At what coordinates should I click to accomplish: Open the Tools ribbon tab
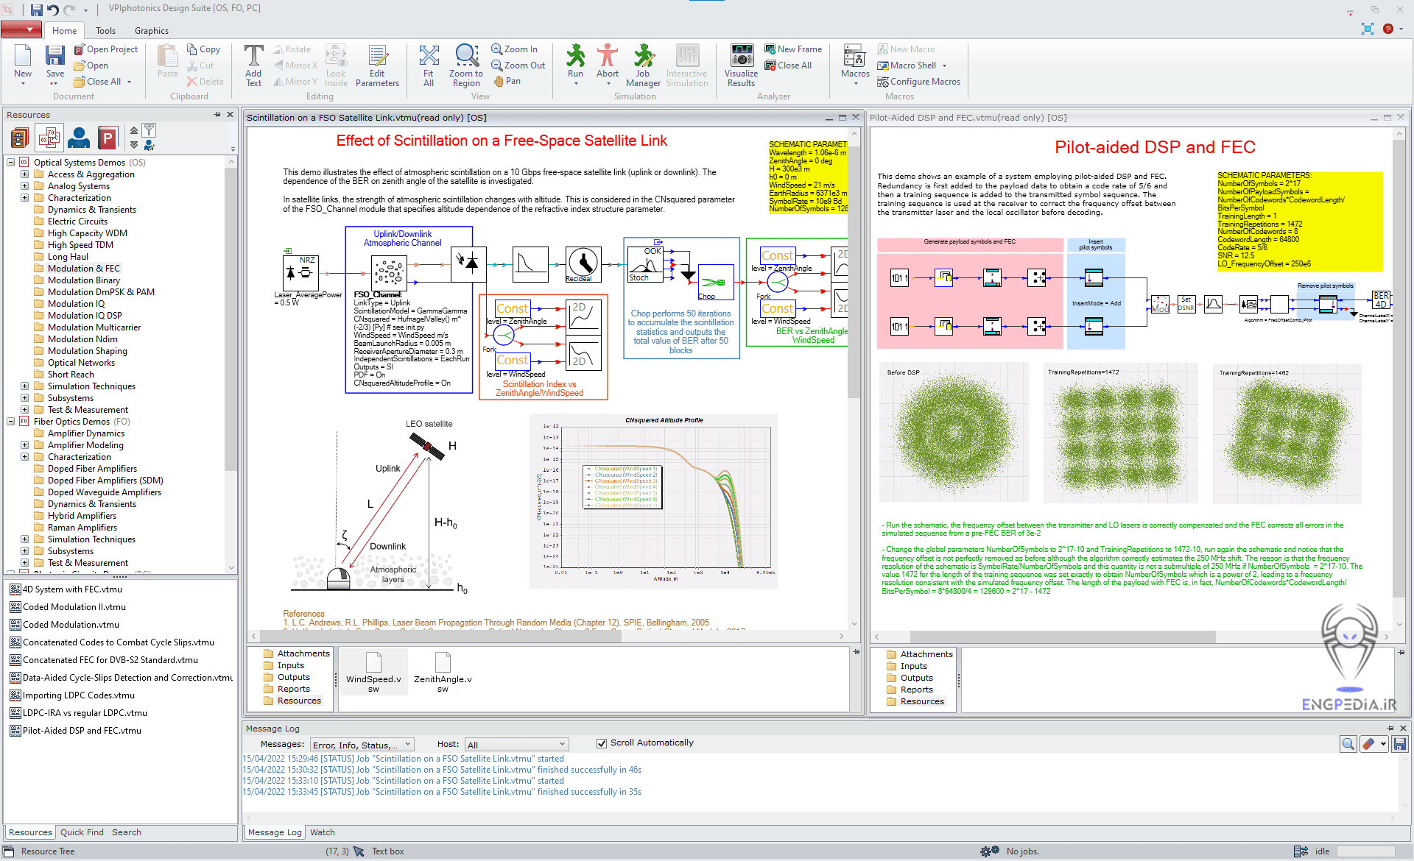tap(105, 31)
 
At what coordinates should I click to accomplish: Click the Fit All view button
tap(428, 65)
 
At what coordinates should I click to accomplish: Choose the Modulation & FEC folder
tap(83, 269)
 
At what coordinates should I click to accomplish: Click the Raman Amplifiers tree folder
tap(82, 528)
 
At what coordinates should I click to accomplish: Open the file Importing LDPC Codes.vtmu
tap(78, 695)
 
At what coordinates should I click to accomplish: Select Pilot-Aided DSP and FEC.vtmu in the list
tap(81, 731)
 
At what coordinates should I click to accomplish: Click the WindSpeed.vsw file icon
tap(373, 663)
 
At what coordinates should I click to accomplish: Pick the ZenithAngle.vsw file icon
tap(443, 663)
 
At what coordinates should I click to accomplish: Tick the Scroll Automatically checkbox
tap(602, 743)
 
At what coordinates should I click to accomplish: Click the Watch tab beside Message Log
tap(322, 832)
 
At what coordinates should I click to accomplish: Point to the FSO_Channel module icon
tap(389, 272)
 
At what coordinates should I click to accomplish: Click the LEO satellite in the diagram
tap(427, 446)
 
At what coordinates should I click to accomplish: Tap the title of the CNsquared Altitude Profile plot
tap(664, 420)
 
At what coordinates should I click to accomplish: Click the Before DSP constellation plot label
tap(903, 372)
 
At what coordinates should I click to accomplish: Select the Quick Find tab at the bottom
tap(82, 832)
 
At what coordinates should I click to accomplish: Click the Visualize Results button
tap(741, 65)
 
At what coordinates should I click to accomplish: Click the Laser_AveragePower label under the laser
tap(308, 295)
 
